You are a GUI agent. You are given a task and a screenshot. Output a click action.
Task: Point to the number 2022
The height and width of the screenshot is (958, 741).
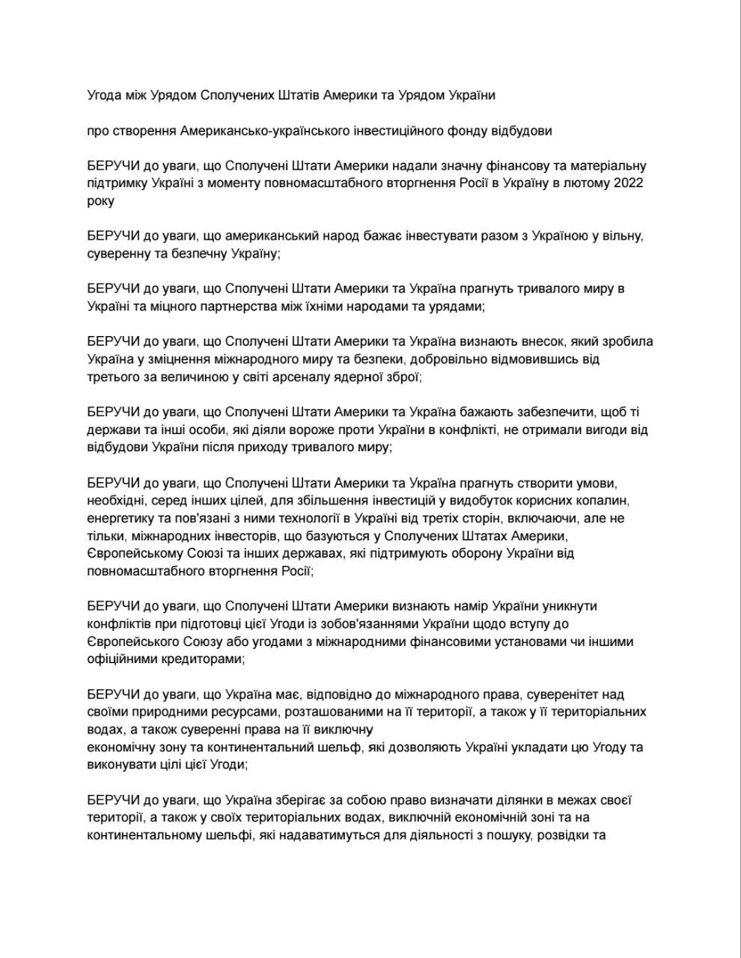tap(628, 184)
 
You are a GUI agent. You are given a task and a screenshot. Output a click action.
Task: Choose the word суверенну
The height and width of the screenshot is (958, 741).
tap(119, 254)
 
